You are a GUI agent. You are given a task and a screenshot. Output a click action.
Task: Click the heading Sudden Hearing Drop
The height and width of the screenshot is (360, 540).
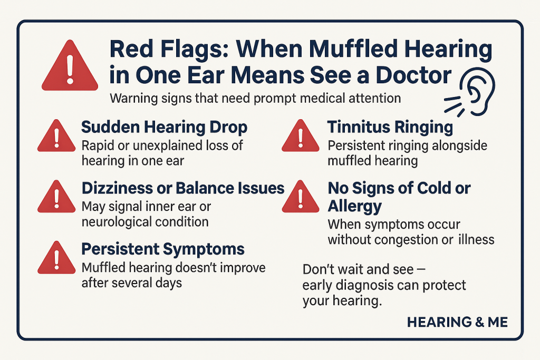(x=164, y=128)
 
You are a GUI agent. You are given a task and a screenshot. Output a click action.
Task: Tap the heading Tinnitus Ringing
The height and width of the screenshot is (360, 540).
(x=390, y=127)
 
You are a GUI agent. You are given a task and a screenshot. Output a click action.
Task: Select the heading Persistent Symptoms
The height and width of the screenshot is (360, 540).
(x=163, y=249)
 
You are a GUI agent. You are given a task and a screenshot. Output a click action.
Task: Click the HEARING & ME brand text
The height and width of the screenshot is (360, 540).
(x=457, y=322)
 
